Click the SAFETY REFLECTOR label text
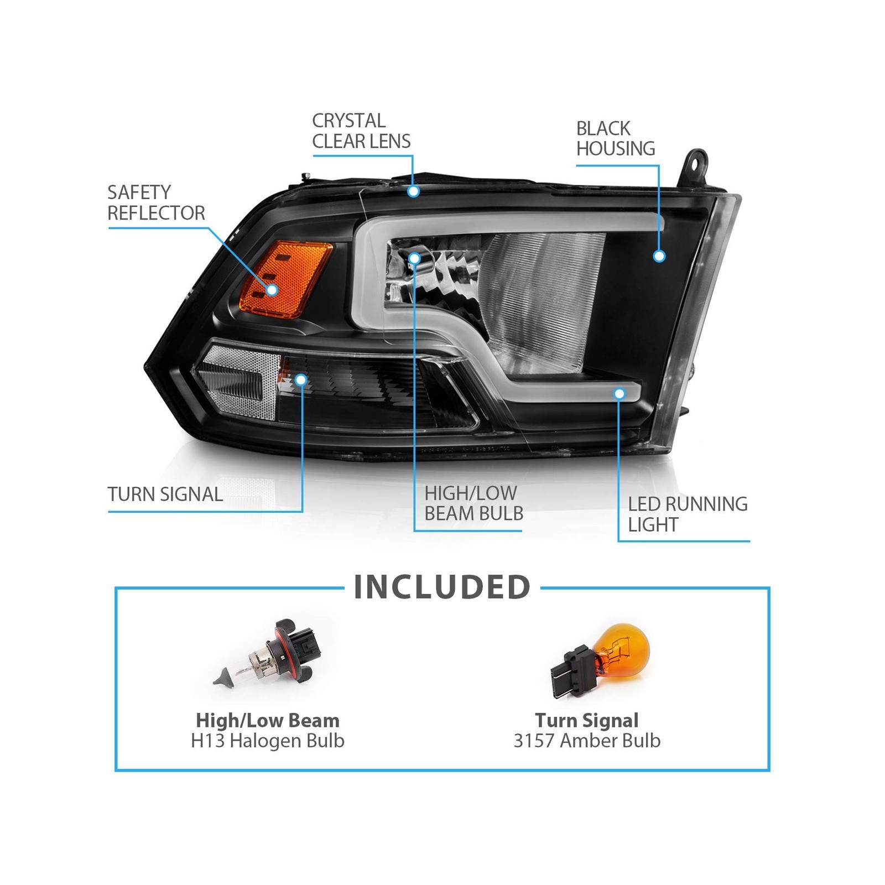156,202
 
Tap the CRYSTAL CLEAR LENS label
361,131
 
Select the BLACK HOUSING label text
616,138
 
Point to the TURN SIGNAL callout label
165,494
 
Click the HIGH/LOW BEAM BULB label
474,503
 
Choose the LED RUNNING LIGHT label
688,514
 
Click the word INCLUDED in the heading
442,587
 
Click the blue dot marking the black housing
659,256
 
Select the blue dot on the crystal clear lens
413,191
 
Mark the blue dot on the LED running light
619,394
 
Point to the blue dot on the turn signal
301,379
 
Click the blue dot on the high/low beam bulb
414,258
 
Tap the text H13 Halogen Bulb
268,741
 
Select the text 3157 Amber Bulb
587,741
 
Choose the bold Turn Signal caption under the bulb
587,720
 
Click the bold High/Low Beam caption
268,721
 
